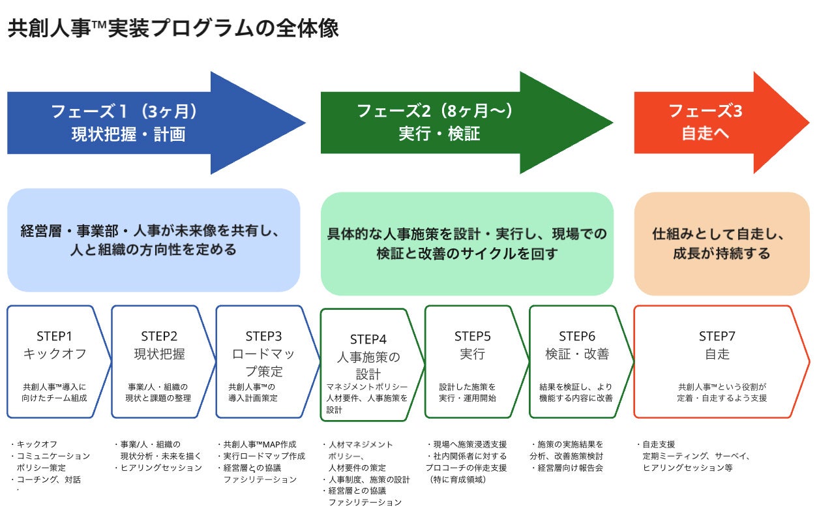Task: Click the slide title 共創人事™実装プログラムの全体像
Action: coord(173,29)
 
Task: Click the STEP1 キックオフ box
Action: coord(55,362)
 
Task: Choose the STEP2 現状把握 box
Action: coord(160,362)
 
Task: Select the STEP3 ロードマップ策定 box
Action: coord(264,362)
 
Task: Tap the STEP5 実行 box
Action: coord(473,362)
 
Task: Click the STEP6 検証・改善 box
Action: coord(577,362)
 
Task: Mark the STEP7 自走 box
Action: coord(717,362)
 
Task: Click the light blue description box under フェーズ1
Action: coord(153,240)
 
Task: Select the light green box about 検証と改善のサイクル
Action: coord(466,243)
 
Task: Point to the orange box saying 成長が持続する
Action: coord(721,243)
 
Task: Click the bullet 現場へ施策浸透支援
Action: coord(466,444)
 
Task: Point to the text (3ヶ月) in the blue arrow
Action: coord(170,112)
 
